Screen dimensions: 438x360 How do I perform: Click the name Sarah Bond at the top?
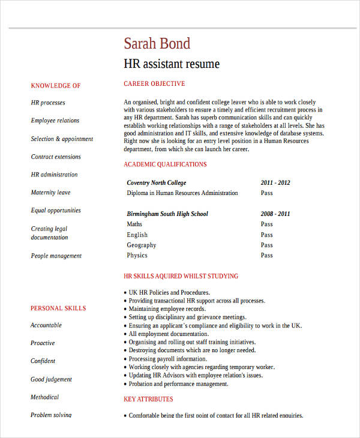(x=157, y=44)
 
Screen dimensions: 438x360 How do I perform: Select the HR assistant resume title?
(x=172, y=64)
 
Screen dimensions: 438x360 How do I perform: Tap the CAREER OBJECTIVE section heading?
(x=154, y=84)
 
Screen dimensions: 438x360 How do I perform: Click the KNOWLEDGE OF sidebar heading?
(x=55, y=86)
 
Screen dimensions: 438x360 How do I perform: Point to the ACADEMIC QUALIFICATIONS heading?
(x=165, y=164)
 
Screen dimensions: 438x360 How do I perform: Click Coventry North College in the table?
(x=157, y=183)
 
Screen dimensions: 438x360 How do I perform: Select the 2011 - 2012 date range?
(x=275, y=183)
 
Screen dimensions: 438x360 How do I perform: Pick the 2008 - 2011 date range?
(x=275, y=214)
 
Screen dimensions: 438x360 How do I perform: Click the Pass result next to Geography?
(x=266, y=245)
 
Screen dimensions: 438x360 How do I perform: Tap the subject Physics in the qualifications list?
(x=137, y=256)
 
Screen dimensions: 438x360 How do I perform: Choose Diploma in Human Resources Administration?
(x=182, y=193)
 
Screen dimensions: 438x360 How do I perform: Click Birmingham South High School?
(x=167, y=214)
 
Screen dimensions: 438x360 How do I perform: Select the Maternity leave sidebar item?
(x=50, y=193)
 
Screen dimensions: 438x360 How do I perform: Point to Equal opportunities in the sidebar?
(x=56, y=211)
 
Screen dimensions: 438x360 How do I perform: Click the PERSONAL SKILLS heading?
(x=58, y=308)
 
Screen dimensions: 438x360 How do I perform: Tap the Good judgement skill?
(x=51, y=379)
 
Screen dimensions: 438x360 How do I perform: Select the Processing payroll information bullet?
(x=171, y=359)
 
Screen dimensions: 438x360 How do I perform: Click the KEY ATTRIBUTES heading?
(x=148, y=400)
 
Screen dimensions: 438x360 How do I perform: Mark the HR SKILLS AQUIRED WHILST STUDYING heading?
(x=181, y=277)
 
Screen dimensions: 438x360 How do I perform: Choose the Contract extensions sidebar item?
(x=56, y=157)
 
